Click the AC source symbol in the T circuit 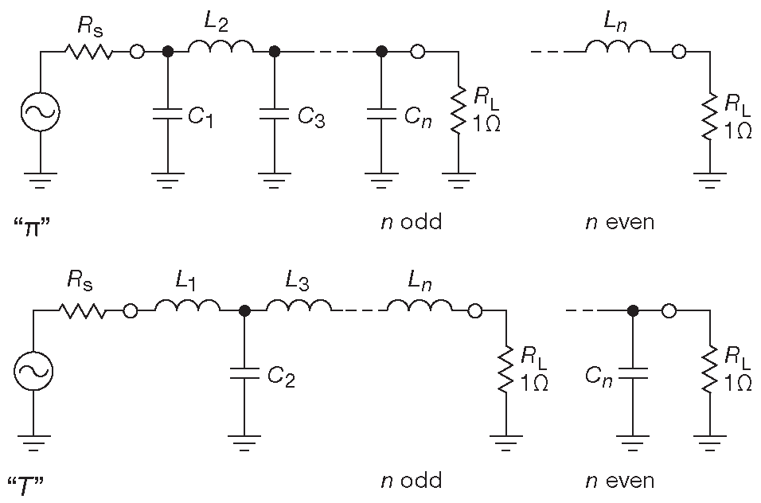click(x=34, y=371)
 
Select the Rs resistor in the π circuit click(x=88, y=53)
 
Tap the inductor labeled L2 click(x=220, y=49)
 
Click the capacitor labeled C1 click(x=168, y=115)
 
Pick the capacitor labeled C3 click(x=274, y=115)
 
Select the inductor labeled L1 click(x=187, y=307)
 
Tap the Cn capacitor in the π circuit click(x=381, y=115)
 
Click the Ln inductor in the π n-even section click(x=619, y=49)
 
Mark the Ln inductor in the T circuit click(x=420, y=307)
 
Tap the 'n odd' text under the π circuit click(x=410, y=221)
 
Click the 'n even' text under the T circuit click(x=619, y=481)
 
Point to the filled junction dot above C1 click(x=168, y=53)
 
